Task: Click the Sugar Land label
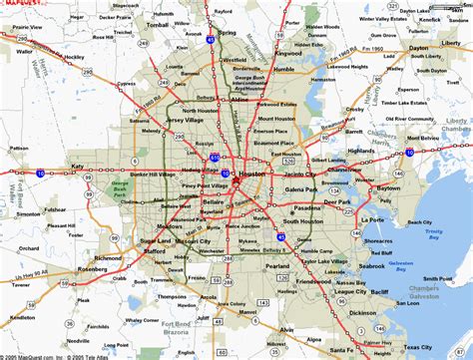click(x=140, y=241)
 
